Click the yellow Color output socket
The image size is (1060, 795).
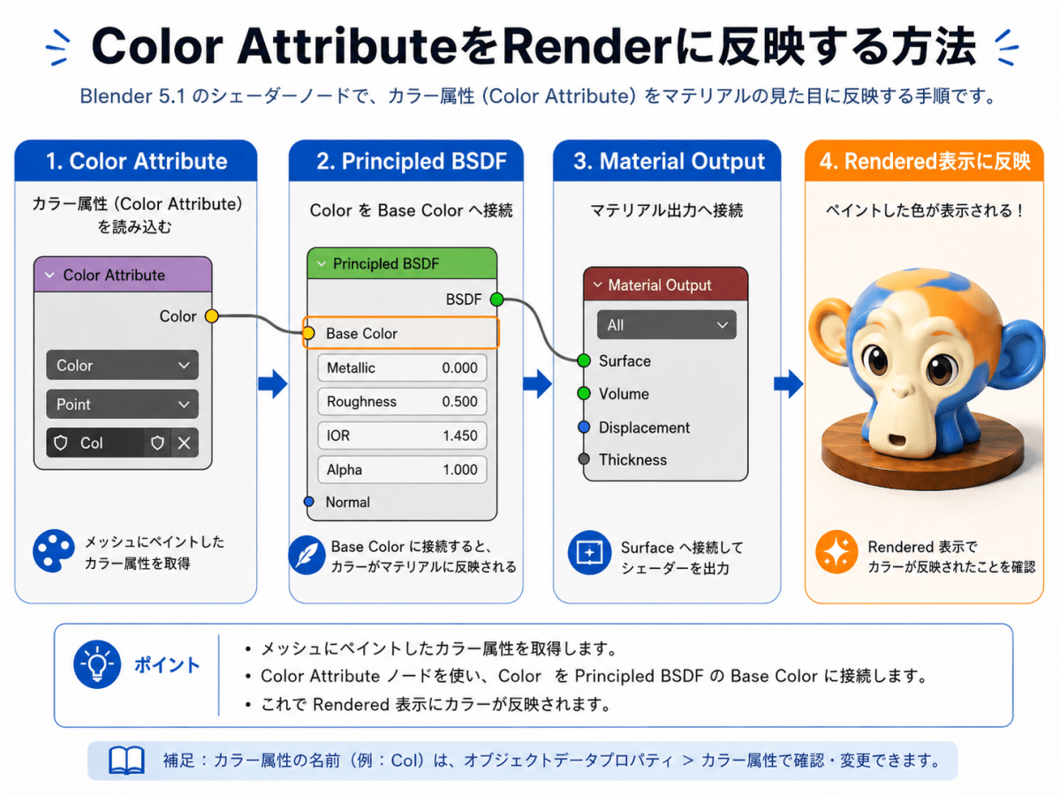click(x=211, y=316)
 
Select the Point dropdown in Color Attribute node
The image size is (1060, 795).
click(x=122, y=404)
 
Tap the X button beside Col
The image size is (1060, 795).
click(x=184, y=443)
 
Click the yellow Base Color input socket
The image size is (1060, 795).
click(x=308, y=333)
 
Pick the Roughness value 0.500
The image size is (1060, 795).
click(x=459, y=401)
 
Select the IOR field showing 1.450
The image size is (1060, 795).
click(x=402, y=435)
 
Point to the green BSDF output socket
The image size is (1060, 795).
click(x=496, y=299)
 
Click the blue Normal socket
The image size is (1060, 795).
click(x=308, y=502)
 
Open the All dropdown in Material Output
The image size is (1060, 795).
click(x=666, y=325)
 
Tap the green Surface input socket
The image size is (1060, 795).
click(x=584, y=360)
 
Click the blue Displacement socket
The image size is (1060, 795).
click(x=584, y=427)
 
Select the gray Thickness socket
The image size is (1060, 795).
click(x=584, y=458)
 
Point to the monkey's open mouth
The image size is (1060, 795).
click(x=897, y=440)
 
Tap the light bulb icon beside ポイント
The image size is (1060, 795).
click(x=97, y=664)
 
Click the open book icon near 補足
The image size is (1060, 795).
click(x=126, y=761)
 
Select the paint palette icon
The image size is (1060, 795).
click(x=54, y=551)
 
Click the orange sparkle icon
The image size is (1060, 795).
click(x=837, y=552)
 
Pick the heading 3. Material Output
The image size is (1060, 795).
click(x=669, y=161)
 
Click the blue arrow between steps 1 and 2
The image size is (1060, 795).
click(x=273, y=383)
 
